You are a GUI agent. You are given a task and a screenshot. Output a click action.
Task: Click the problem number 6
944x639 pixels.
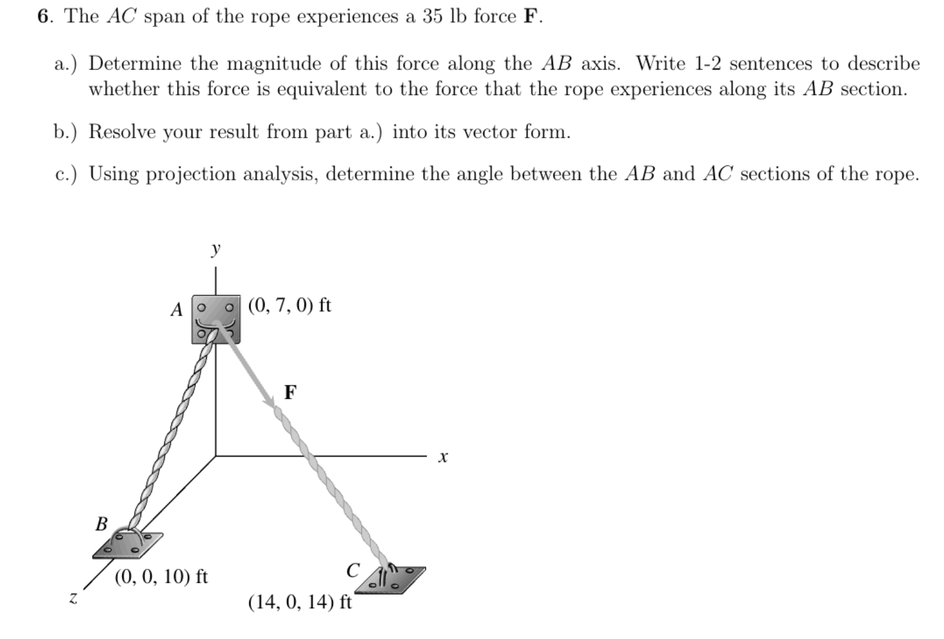43,17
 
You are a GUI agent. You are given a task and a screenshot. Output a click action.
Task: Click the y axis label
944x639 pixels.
216,250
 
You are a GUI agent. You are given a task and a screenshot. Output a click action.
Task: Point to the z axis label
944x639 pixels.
73,598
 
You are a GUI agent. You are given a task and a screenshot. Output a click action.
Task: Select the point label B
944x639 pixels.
102,523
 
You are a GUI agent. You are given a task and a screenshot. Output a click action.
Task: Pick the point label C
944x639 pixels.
353,570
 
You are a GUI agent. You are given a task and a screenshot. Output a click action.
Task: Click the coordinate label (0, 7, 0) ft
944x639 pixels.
289,305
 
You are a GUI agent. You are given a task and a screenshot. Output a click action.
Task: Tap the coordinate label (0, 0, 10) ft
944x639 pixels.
161,576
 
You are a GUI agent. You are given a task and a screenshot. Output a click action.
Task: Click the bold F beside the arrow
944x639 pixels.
290,392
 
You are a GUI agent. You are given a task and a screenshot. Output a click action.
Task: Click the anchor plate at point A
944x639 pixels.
216,319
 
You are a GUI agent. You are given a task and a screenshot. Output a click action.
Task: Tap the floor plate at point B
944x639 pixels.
128,545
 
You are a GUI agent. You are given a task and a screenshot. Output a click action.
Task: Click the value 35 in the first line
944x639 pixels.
434,17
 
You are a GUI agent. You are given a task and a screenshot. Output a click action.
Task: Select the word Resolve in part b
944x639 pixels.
122,132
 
